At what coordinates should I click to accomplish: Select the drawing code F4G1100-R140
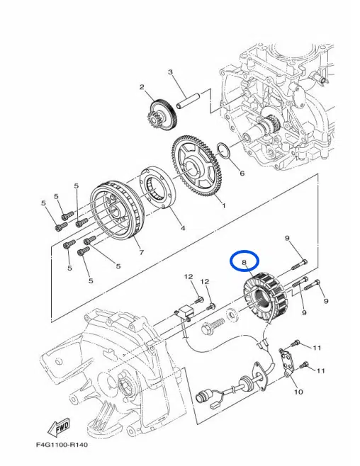pyautogui.click(x=62, y=445)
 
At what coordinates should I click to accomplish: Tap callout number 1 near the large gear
pyautogui.click(x=224, y=205)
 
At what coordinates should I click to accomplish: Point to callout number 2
pyautogui.click(x=142, y=87)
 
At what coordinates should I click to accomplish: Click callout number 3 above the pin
pyautogui.click(x=170, y=72)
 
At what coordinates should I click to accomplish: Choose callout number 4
pyautogui.click(x=183, y=228)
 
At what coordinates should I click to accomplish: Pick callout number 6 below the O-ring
pyautogui.click(x=242, y=173)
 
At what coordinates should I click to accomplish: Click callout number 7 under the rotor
pyautogui.click(x=142, y=252)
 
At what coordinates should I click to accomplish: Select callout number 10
pyautogui.click(x=298, y=392)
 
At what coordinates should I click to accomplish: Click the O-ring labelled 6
pyautogui.click(x=224, y=150)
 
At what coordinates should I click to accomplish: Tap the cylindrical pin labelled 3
pyautogui.click(x=189, y=101)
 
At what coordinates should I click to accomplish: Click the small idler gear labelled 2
pyautogui.click(x=162, y=116)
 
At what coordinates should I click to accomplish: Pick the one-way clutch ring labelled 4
pyautogui.click(x=158, y=188)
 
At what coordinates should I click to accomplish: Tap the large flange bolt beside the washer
pyautogui.click(x=213, y=326)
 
